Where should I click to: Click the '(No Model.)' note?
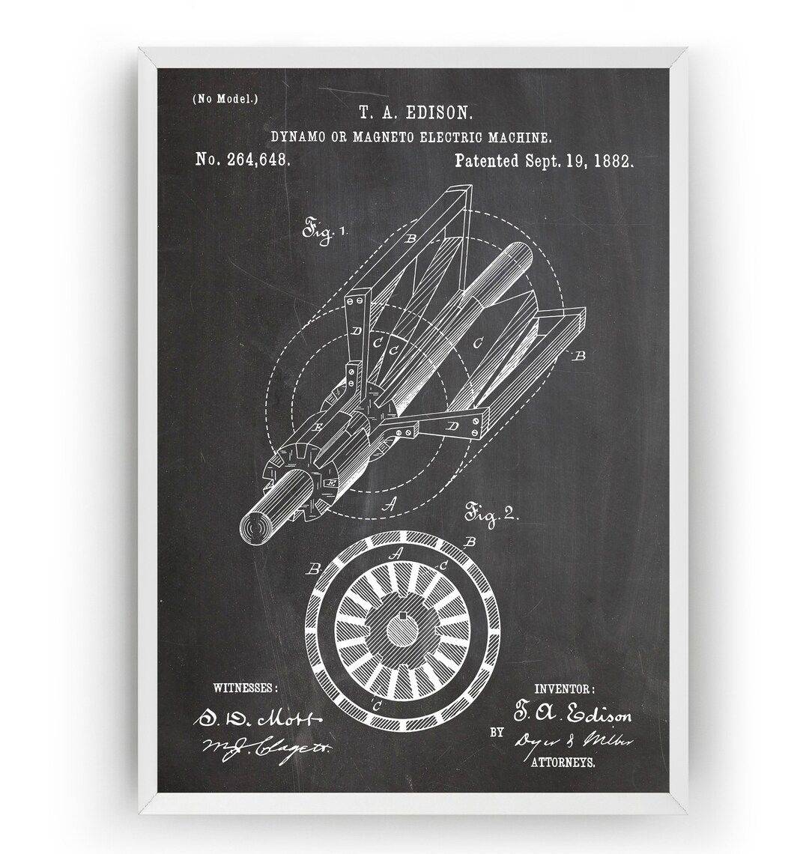click(225, 99)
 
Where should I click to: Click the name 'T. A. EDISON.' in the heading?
click(414, 113)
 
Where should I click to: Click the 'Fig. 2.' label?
click(491, 515)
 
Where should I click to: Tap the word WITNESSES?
click(245, 686)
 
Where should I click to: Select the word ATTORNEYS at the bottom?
click(563, 763)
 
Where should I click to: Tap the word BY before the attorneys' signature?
click(497, 733)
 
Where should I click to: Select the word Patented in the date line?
click(486, 160)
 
